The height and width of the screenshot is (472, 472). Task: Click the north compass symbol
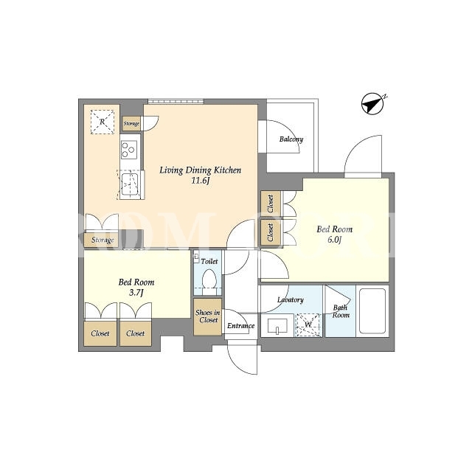click(373, 104)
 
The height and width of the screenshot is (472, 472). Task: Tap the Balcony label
click(291, 139)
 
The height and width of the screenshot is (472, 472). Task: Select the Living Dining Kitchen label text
click(200, 170)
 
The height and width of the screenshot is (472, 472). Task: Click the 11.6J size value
click(201, 181)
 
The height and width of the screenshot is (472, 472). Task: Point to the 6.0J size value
click(334, 240)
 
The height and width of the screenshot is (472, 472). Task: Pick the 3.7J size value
click(136, 293)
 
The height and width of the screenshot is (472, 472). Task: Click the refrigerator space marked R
click(103, 122)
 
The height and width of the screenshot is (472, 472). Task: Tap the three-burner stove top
click(129, 150)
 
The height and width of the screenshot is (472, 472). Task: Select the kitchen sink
click(129, 184)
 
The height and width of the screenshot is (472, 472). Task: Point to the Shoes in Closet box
click(208, 317)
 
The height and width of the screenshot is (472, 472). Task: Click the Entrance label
click(241, 326)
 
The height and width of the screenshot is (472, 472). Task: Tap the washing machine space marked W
click(308, 324)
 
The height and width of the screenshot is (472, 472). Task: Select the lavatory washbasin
click(277, 326)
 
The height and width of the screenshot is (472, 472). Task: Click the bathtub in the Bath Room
click(372, 311)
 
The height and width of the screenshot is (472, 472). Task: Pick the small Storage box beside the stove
click(131, 124)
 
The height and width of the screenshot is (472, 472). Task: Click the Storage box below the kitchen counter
click(103, 240)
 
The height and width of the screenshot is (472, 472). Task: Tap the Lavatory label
click(290, 300)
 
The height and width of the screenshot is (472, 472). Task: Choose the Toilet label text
click(209, 261)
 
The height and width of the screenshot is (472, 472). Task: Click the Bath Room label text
click(341, 311)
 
